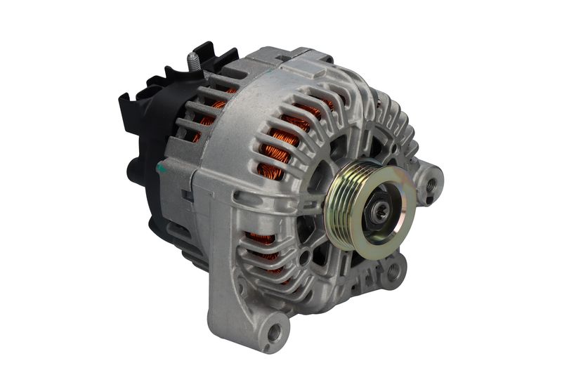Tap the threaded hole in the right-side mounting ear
431,185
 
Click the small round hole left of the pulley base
303,256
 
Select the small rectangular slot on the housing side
187,197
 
